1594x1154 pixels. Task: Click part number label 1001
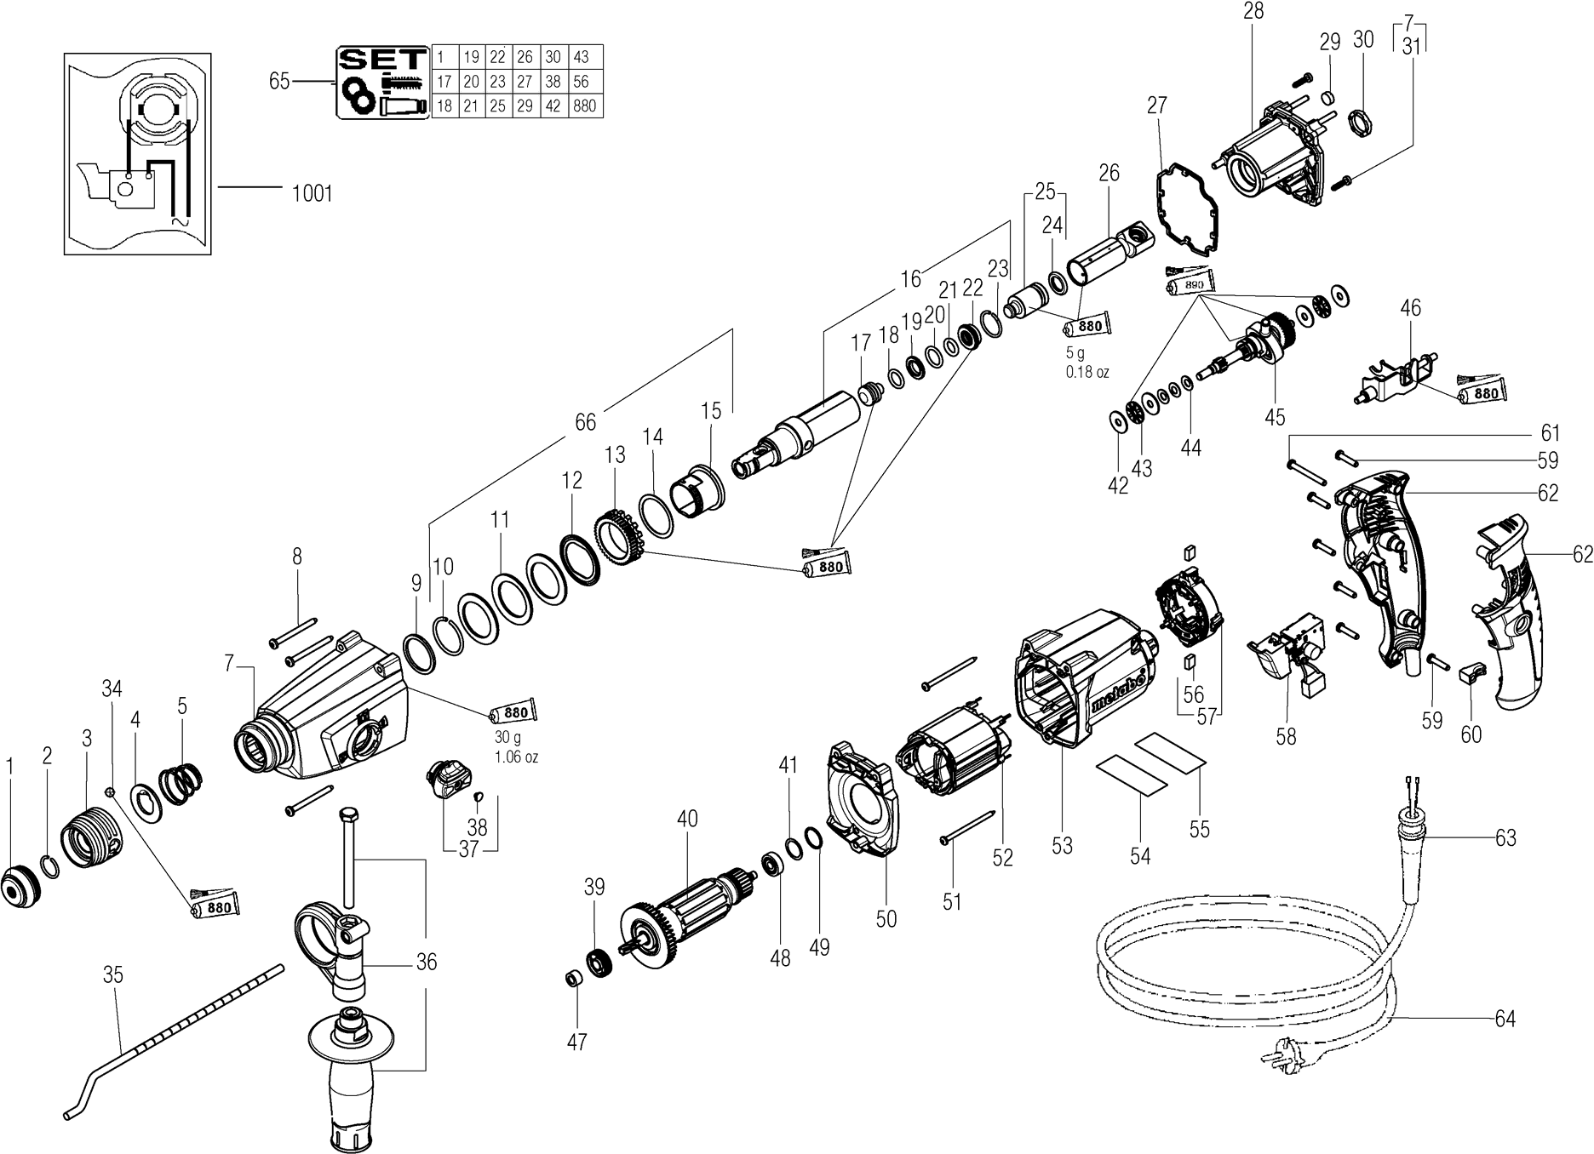pos(312,194)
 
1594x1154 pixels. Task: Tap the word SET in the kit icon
pos(382,59)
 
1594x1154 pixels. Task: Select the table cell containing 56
pos(581,82)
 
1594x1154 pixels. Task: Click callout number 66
pos(585,422)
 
